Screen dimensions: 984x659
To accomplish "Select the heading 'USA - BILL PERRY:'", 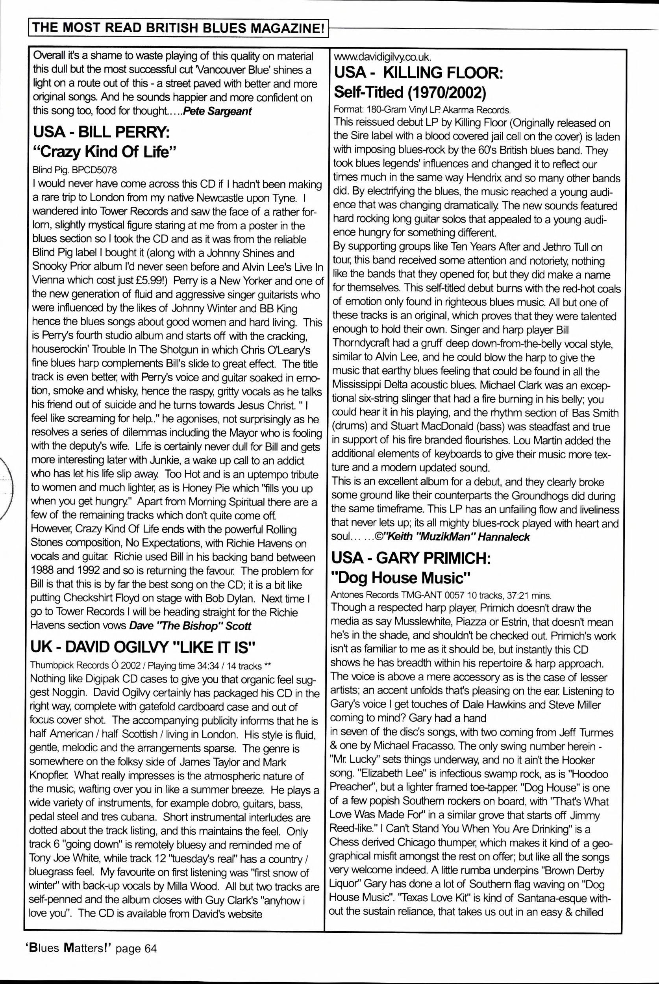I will [101, 132].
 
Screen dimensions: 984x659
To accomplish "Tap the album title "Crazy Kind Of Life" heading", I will [104, 152].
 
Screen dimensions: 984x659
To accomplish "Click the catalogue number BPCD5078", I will [94, 170].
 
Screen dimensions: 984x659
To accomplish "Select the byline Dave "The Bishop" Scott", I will [190, 626].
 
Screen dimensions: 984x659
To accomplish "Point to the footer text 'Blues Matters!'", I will [67, 948].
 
